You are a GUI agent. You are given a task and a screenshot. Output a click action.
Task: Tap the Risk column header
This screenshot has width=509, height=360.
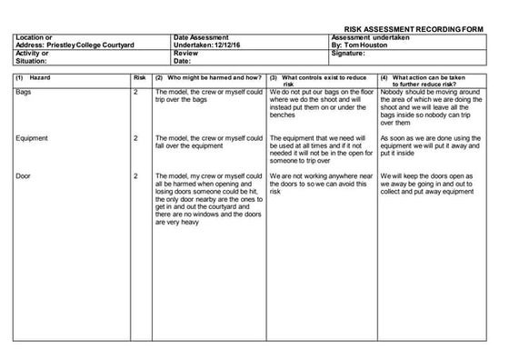[139, 79]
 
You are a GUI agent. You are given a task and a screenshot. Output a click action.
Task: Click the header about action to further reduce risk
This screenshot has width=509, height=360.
[433, 83]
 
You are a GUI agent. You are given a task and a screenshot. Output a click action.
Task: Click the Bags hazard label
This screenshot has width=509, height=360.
[24, 93]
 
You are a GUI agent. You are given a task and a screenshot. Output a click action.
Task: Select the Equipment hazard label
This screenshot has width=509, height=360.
[33, 137]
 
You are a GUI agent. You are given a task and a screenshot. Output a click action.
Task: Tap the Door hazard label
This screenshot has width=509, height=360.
[24, 175]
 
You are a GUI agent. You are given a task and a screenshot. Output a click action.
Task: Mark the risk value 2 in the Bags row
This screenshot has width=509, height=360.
[135, 93]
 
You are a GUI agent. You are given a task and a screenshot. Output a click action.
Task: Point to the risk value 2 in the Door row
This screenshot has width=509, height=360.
[135, 175]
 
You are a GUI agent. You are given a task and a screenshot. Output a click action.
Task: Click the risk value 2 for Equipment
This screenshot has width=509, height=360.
[135, 137]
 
